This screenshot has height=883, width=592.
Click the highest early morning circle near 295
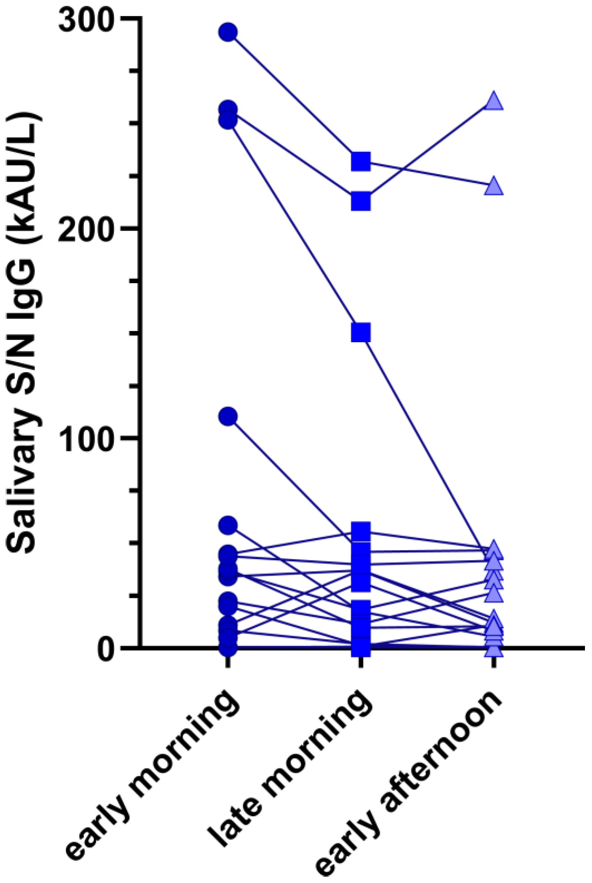coord(228,32)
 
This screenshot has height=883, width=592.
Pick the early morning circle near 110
coord(228,416)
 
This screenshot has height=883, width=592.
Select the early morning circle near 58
coord(228,525)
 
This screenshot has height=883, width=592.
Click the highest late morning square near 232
coord(361,162)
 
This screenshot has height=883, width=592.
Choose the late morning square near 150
coord(361,332)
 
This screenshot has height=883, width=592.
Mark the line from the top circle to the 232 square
coord(294,97)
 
